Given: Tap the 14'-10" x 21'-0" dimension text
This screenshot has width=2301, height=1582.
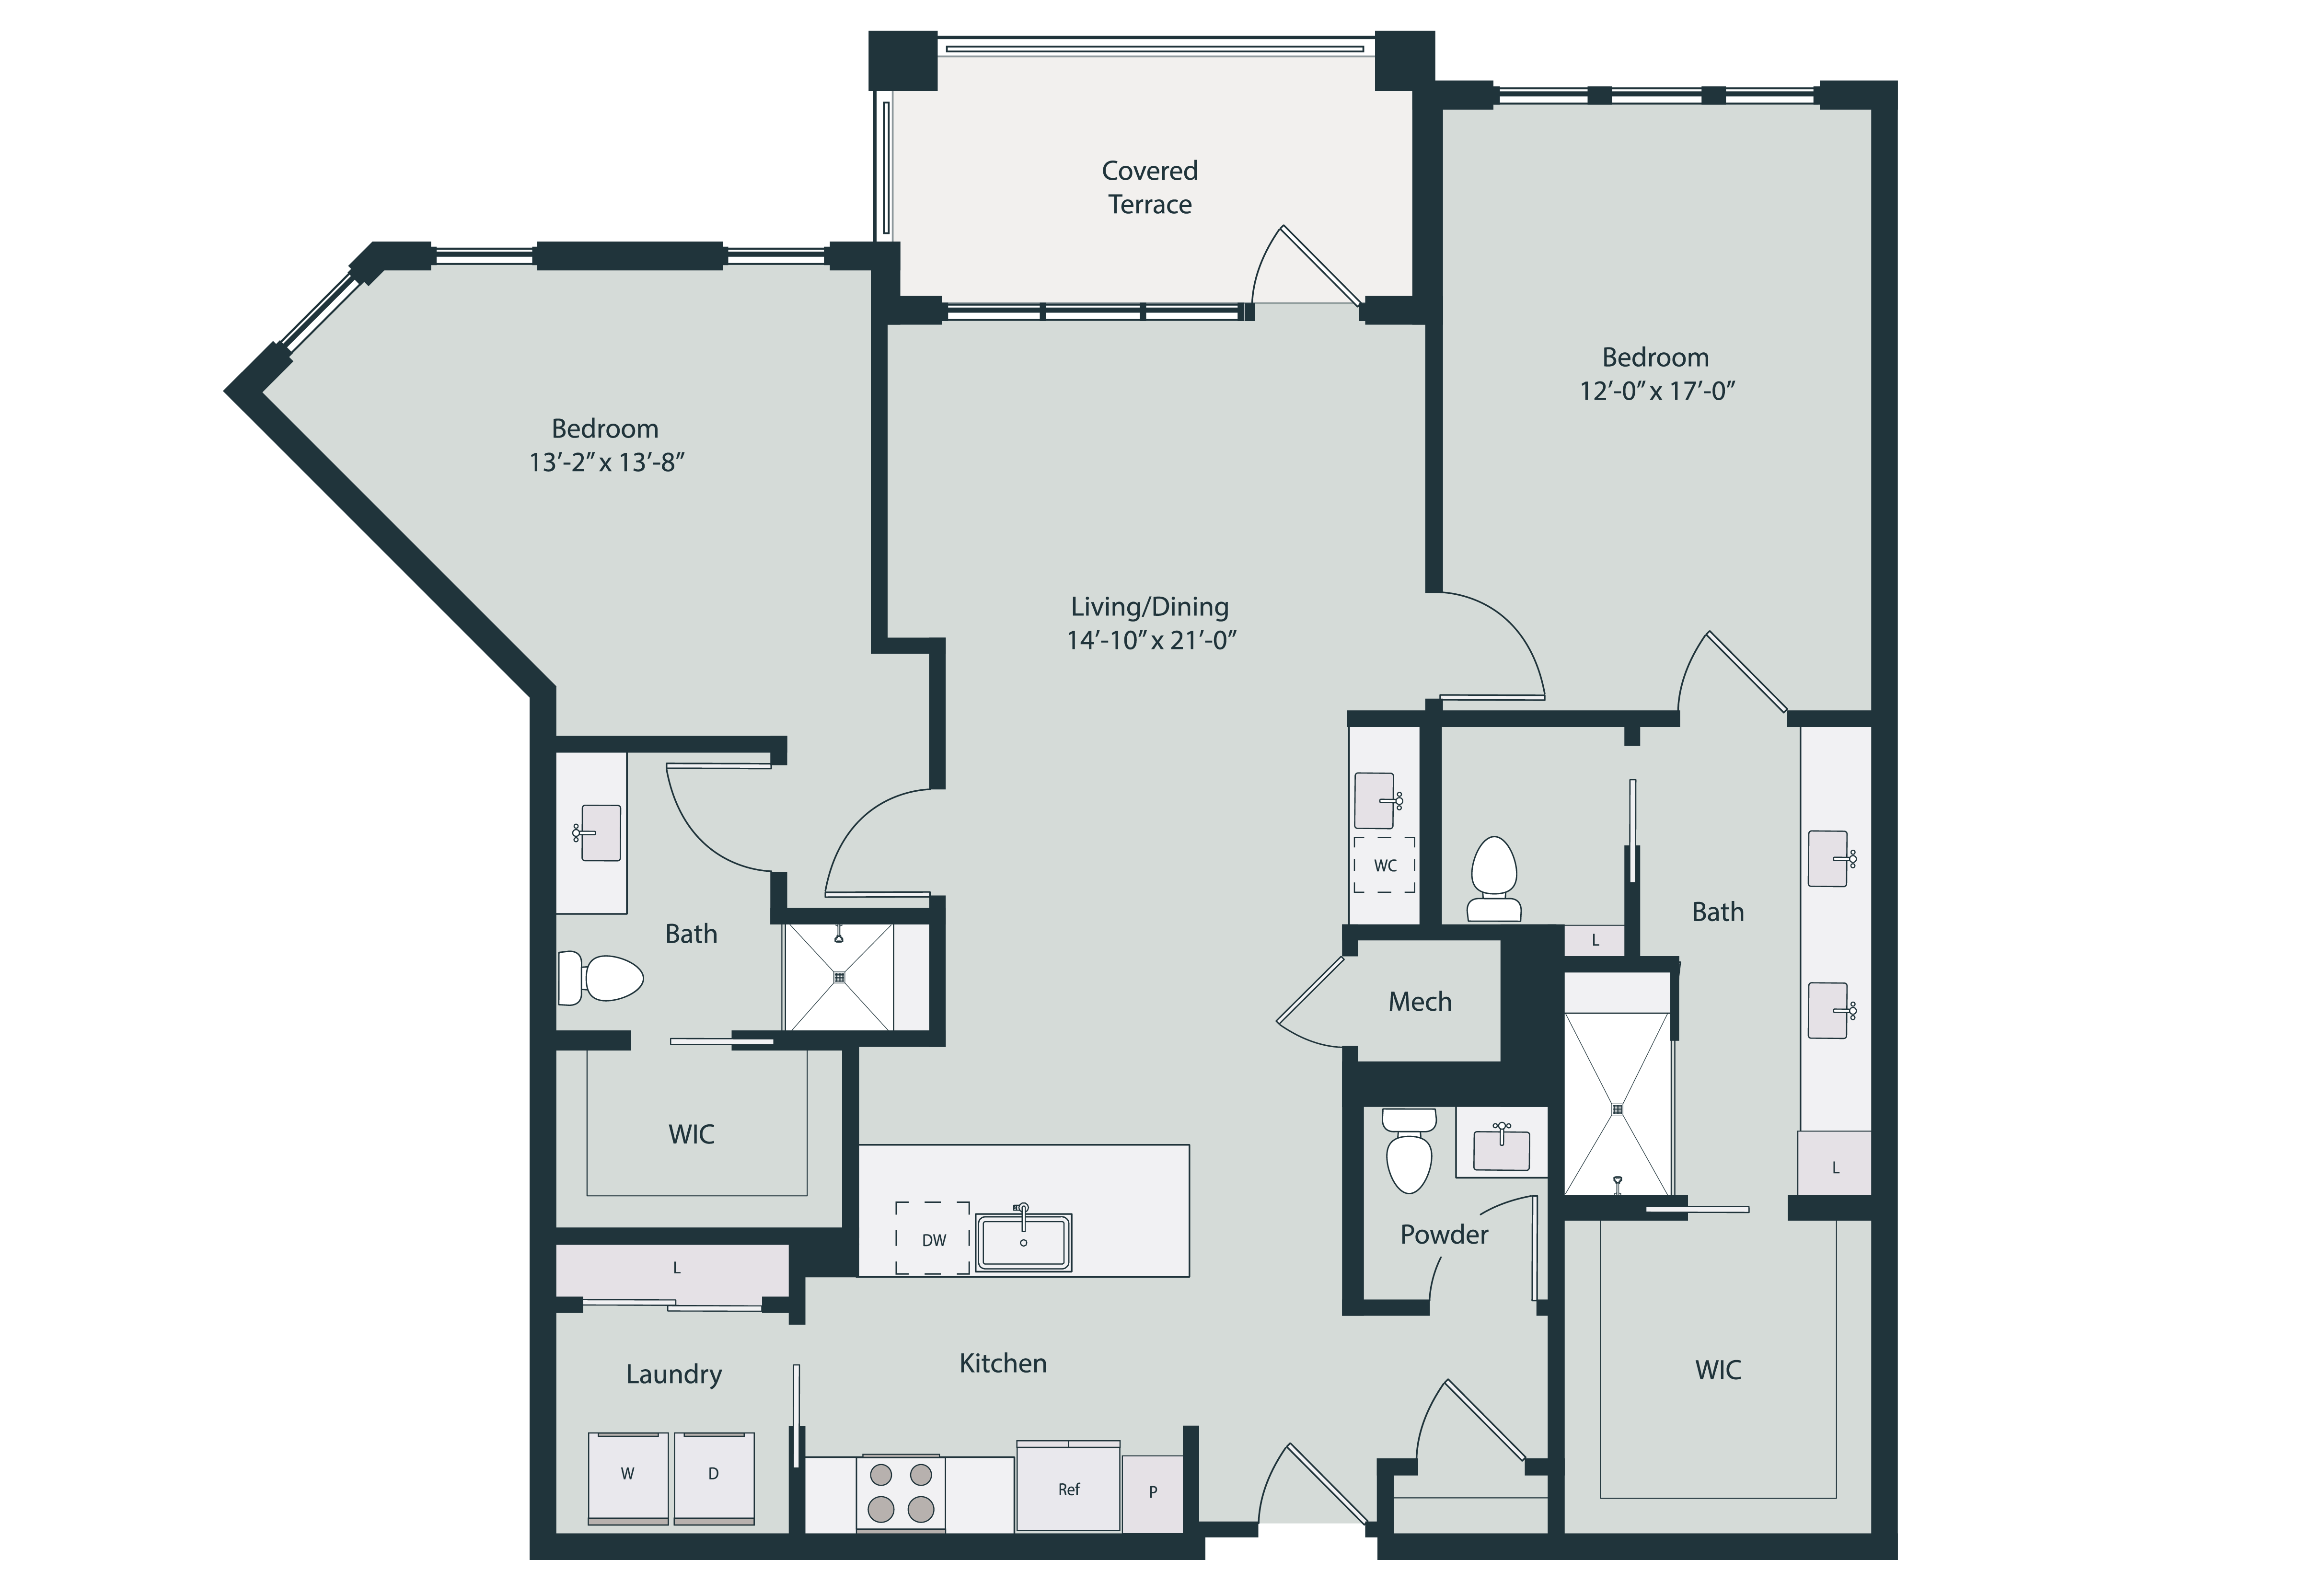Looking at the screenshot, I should tap(1151, 640).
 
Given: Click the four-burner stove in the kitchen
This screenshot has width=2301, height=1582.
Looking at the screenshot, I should tap(900, 1493).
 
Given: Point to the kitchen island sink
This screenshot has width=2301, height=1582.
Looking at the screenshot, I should tap(1023, 1241).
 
